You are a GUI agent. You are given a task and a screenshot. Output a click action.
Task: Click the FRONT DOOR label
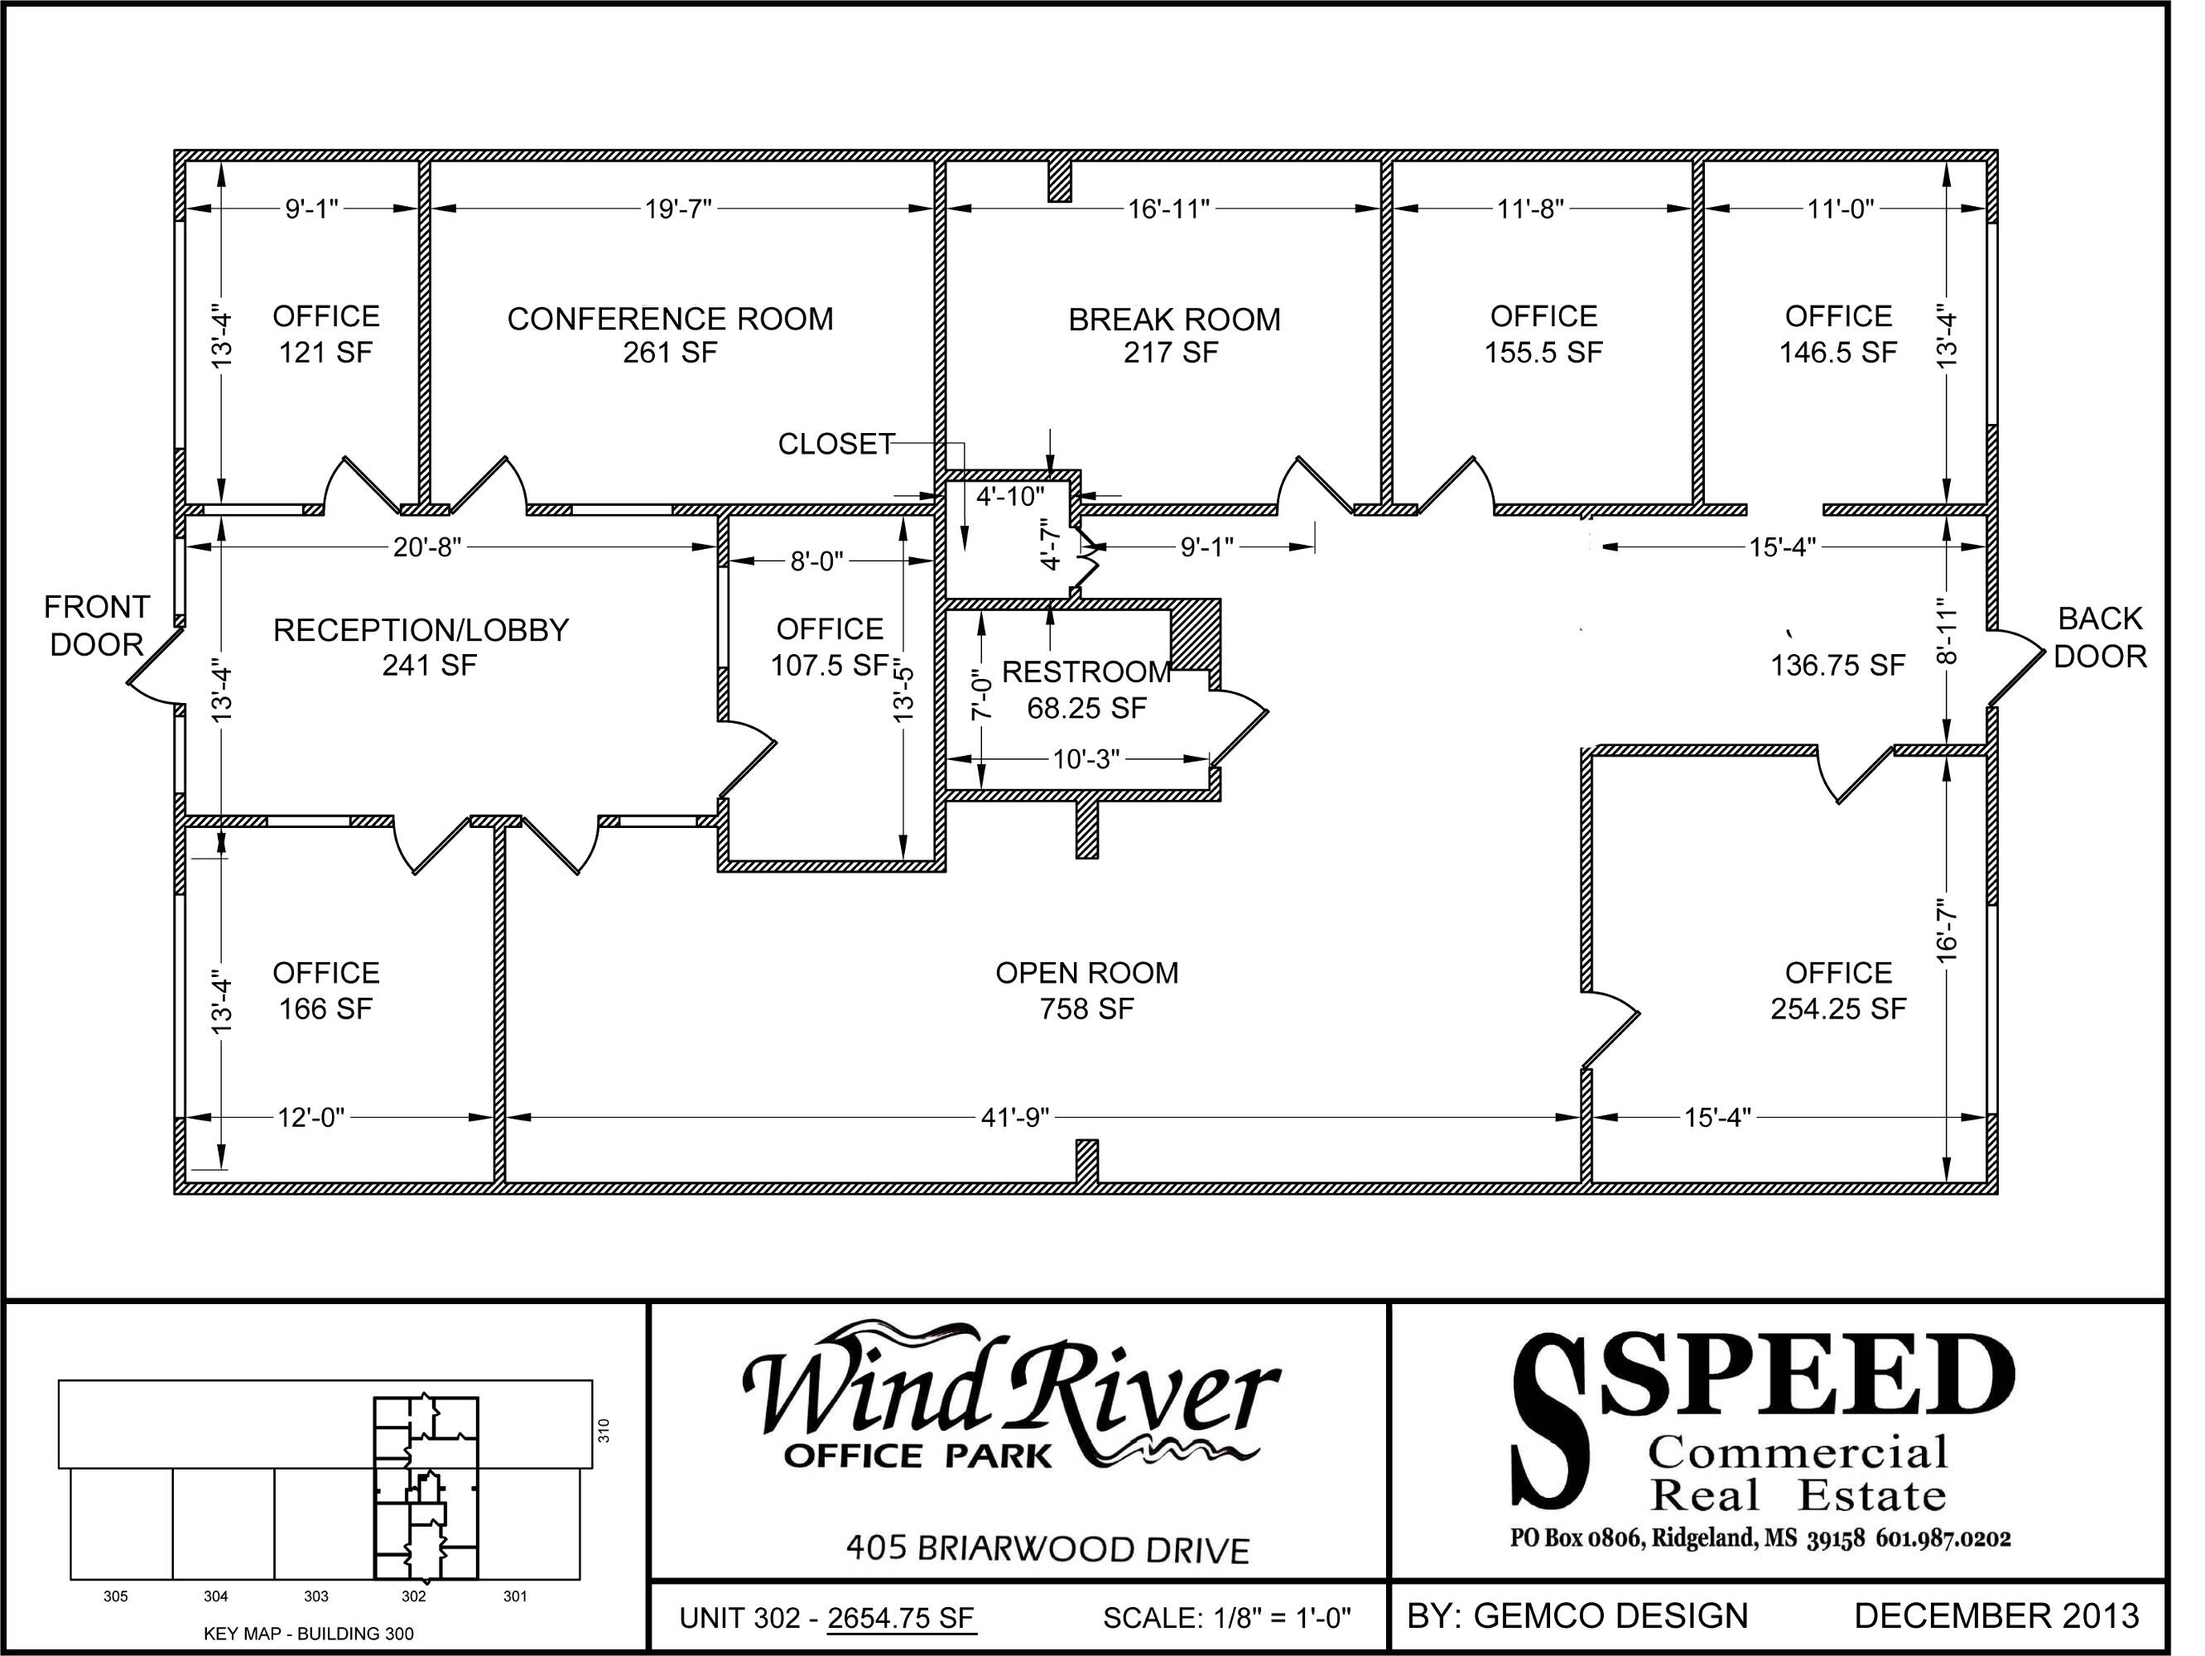(x=97, y=625)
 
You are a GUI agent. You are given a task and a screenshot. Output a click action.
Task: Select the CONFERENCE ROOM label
(x=670, y=319)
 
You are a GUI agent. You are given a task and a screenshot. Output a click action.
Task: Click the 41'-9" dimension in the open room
(x=1016, y=1118)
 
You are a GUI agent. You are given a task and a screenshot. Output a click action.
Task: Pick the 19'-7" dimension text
(x=678, y=209)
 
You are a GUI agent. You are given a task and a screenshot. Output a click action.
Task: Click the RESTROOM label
(x=1086, y=672)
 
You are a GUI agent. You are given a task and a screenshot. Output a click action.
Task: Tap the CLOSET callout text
(x=836, y=444)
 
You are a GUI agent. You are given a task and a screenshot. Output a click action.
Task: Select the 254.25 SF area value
(x=1838, y=1009)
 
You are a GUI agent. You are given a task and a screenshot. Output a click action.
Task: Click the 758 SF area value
(x=1086, y=1009)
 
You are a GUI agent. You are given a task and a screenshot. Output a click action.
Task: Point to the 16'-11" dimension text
(x=1169, y=209)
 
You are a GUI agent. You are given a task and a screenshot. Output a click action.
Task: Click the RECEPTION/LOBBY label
(x=421, y=630)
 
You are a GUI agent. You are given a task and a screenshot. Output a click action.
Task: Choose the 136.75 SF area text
(x=1838, y=665)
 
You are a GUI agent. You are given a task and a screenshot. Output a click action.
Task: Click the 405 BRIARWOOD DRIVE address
(x=1047, y=1549)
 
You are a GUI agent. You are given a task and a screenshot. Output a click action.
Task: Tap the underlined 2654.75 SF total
(x=901, y=1617)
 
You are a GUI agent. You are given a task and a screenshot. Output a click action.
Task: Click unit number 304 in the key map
(x=215, y=1596)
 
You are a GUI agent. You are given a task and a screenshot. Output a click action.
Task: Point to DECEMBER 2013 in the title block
(x=1996, y=1615)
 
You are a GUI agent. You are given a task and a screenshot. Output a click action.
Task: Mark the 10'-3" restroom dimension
(x=1086, y=760)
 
